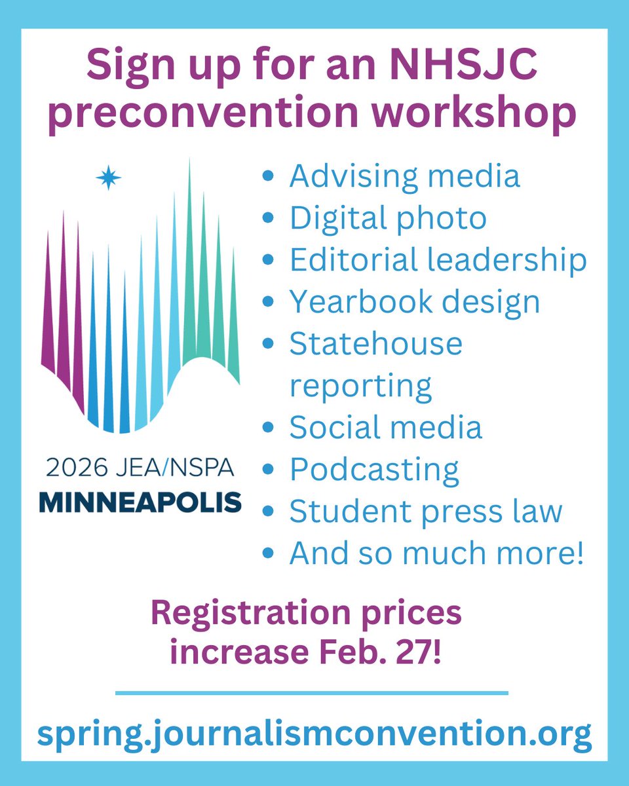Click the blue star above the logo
[x=108, y=178]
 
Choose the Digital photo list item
[x=388, y=218]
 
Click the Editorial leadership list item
[x=438, y=259]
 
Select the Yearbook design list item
[x=415, y=302]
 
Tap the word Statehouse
[x=376, y=344]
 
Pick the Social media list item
[x=386, y=428]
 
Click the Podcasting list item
[x=374, y=470]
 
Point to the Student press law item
[x=426, y=512]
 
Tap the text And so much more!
[x=436, y=553]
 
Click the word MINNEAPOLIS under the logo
[x=140, y=502]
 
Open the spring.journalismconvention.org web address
[x=314, y=735]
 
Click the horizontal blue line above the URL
[x=312, y=692]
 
